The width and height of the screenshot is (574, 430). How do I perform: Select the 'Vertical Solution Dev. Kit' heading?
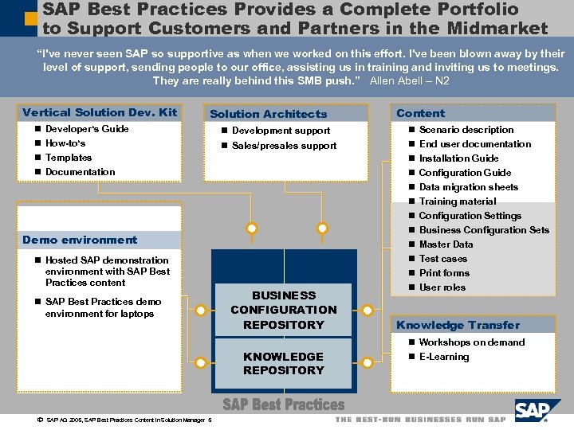100,112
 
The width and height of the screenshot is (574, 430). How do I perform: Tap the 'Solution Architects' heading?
268,114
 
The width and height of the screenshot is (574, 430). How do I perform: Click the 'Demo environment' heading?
80,240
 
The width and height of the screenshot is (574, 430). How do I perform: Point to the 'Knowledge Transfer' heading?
458,325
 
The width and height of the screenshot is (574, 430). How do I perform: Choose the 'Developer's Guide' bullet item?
87,129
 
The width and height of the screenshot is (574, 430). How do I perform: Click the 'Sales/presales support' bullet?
284,146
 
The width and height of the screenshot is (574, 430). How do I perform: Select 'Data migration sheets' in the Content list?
468,187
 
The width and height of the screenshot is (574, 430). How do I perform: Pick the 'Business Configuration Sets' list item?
483,230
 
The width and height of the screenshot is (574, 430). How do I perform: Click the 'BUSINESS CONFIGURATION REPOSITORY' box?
284,310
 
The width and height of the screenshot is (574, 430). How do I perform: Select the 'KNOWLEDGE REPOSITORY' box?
284,363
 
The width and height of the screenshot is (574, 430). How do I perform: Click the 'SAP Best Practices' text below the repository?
284,405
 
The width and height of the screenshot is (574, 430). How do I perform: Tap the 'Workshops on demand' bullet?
471,342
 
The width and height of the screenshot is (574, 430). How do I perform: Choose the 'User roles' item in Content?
442,287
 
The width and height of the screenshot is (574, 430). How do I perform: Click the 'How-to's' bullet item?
65,143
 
